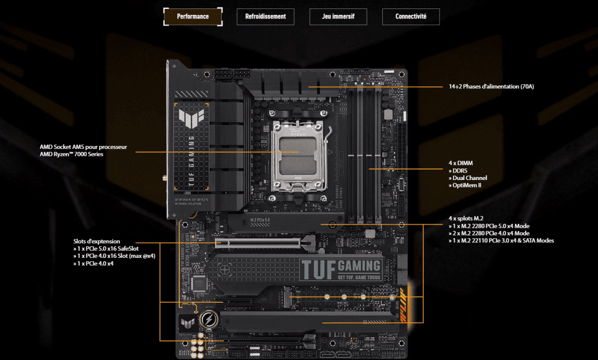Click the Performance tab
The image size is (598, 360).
click(x=192, y=16)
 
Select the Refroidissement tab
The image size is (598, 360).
click(x=266, y=16)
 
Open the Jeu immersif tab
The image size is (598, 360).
click(x=338, y=16)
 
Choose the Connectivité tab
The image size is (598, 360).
click(x=411, y=16)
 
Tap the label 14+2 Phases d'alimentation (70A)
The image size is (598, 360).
click(x=491, y=86)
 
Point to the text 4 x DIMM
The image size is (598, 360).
click(x=460, y=163)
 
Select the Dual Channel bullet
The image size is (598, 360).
click(x=467, y=178)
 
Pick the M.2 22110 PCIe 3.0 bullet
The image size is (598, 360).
click(x=501, y=241)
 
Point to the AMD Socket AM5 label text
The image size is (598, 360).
click(x=84, y=151)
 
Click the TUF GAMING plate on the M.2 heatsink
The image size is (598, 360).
click(x=341, y=269)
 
